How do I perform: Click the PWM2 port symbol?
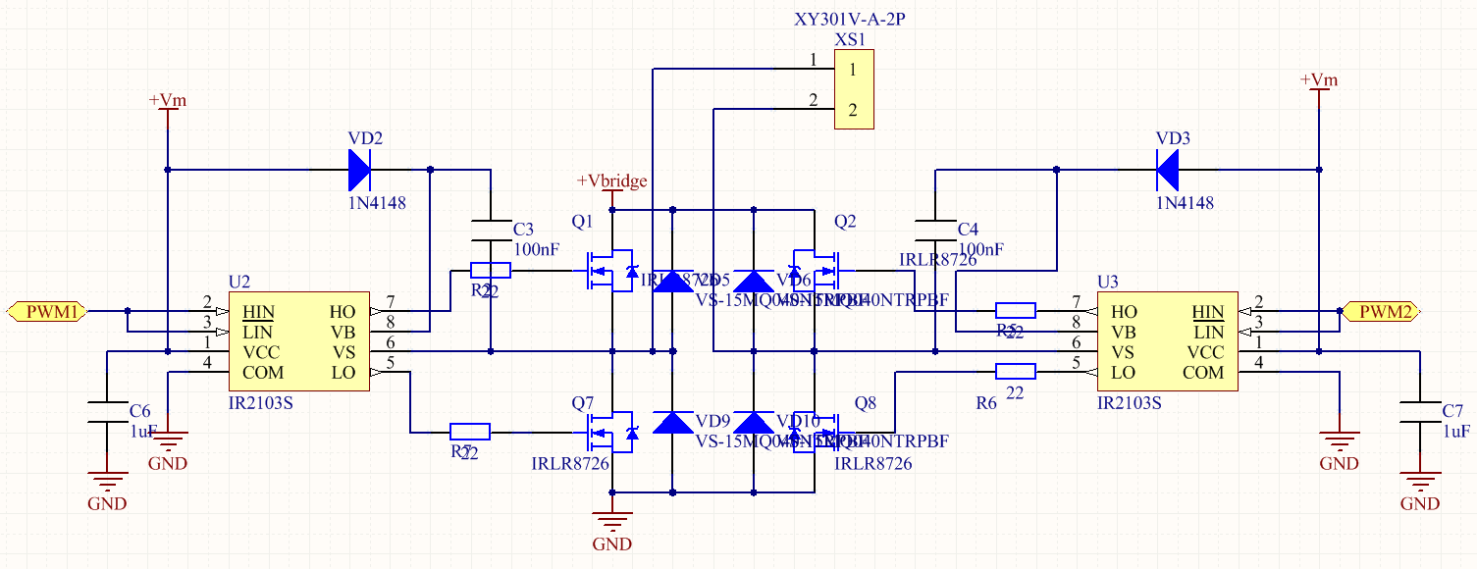[1383, 312]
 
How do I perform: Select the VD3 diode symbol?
[1168, 170]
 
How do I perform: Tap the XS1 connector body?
[853, 90]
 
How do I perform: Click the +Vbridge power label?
[611, 181]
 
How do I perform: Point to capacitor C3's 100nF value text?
[537, 249]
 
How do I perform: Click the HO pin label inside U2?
[343, 312]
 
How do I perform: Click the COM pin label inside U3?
[1203, 373]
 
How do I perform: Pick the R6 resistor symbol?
[1015, 371]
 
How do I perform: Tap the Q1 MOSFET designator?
[583, 223]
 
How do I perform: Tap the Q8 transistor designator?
[867, 403]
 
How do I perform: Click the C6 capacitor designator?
[140, 410]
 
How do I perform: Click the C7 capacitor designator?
[1453, 410]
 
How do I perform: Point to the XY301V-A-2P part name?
[847, 20]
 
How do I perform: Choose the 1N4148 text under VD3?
[1185, 203]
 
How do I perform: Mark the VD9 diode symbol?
[672, 422]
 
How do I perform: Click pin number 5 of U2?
[390, 362]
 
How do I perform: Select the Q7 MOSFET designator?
[583, 403]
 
